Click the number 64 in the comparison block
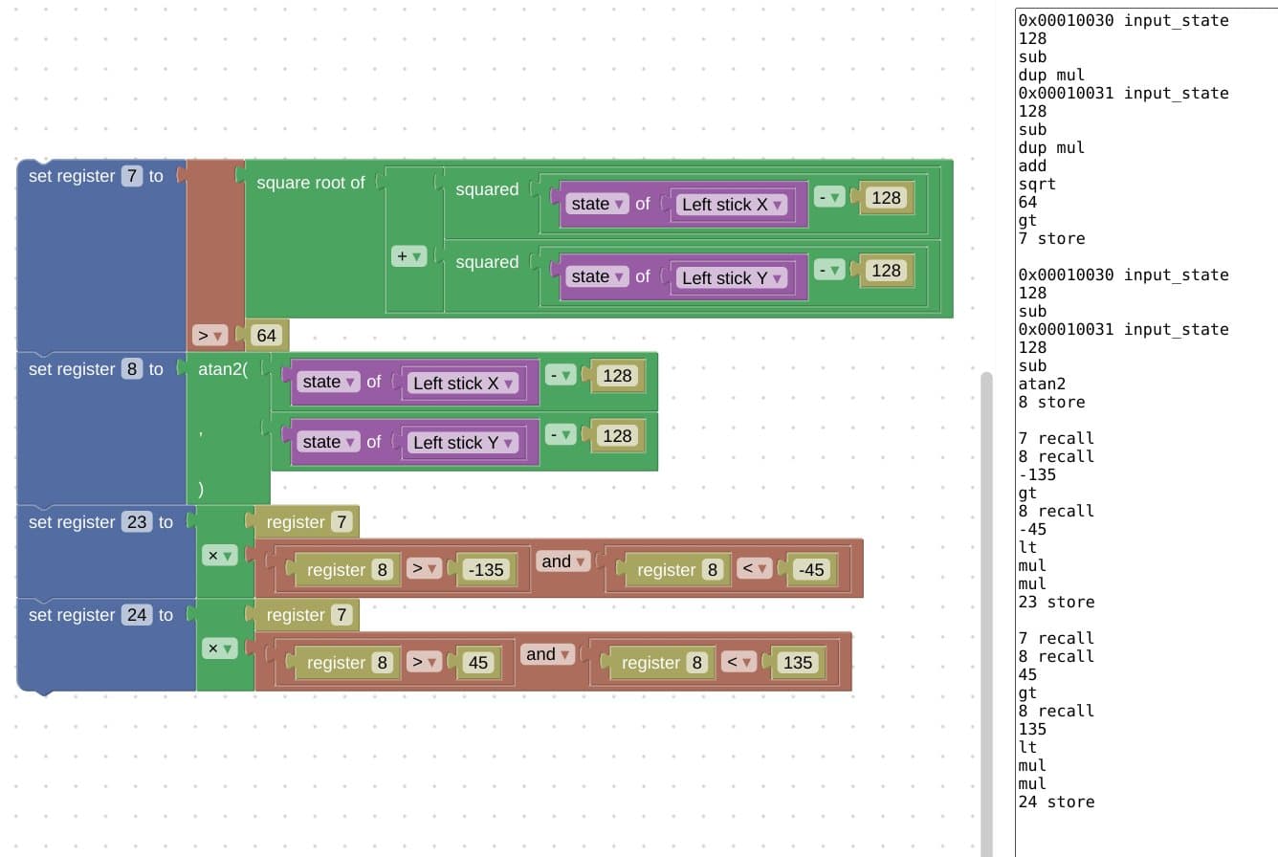tap(266, 336)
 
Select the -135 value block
tap(486, 569)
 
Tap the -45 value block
tap(811, 569)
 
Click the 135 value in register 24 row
tap(797, 663)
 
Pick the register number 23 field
tap(137, 522)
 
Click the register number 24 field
tap(137, 615)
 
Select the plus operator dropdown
tap(408, 256)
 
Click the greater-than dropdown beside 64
tap(209, 336)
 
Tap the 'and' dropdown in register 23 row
tap(562, 561)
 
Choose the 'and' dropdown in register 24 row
tap(547, 654)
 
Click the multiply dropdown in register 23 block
tap(219, 556)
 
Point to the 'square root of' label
tap(310, 183)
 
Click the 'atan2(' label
tap(223, 369)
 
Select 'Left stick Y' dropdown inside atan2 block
tap(462, 443)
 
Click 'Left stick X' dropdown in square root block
tap(732, 205)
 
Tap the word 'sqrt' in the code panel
tap(1037, 184)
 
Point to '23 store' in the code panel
tap(1056, 602)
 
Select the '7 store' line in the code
tap(1051, 238)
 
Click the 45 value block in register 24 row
tap(477, 663)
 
